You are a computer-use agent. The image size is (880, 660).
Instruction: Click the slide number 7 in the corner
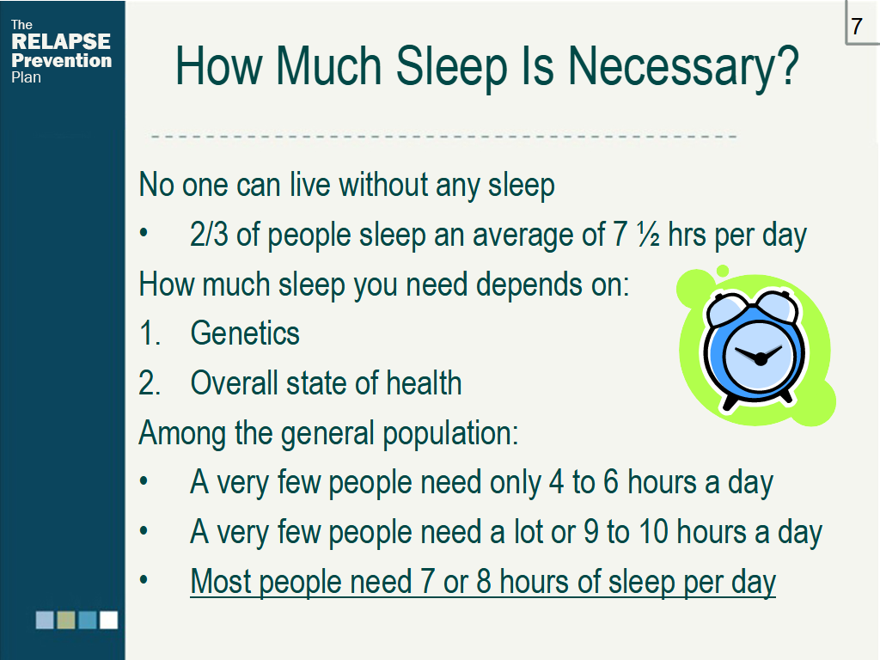click(x=857, y=26)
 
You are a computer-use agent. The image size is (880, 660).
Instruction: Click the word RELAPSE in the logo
click(x=61, y=41)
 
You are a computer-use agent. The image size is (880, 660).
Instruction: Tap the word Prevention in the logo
click(x=61, y=60)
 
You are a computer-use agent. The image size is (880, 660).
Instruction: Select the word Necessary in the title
click(x=683, y=67)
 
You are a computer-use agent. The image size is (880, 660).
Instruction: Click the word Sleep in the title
click(x=452, y=67)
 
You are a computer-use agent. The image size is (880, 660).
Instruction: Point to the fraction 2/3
click(x=210, y=235)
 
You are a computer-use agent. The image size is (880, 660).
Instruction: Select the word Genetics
click(x=245, y=333)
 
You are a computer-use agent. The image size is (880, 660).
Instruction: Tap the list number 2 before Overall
click(x=150, y=383)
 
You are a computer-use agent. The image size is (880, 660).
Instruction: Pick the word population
click(x=450, y=434)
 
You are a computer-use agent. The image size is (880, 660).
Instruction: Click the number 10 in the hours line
click(x=654, y=532)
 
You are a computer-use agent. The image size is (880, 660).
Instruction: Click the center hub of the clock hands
click(x=761, y=358)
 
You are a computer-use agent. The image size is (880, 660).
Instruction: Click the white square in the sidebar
click(x=109, y=620)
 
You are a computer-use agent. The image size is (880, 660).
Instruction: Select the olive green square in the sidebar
click(x=66, y=620)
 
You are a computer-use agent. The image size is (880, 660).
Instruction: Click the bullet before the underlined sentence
click(x=144, y=580)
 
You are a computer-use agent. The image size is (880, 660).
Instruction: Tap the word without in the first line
click(x=383, y=185)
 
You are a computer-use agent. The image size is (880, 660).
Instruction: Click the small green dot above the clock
click(x=723, y=271)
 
